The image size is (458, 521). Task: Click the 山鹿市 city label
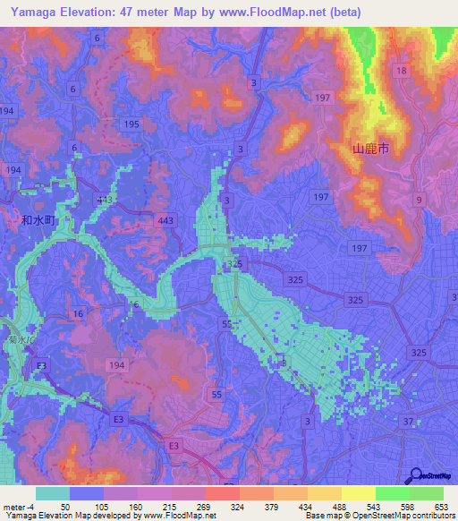click(x=370, y=150)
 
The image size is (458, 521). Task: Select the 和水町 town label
click(x=38, y=218)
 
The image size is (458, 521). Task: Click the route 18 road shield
click(x=402, y=70)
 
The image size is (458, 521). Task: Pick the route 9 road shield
click(x=419, y=201)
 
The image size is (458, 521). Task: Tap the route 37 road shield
click(x=409, y=422)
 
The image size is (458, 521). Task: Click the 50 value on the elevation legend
click(x=64, y=506)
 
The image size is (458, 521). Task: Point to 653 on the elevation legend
click(x=440, y=506)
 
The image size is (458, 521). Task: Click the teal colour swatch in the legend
click(x=53, y=493)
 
